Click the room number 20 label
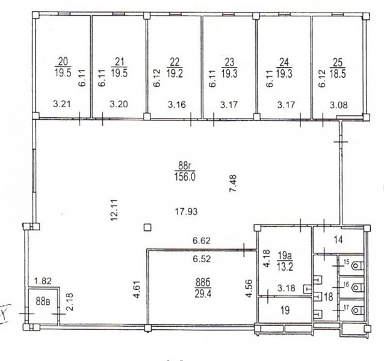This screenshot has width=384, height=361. [x=63, y=61]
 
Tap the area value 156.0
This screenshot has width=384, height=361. [x=185, y=176]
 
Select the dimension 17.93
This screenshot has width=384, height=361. [x=187, y=211]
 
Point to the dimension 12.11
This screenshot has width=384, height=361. [x=114, y=210]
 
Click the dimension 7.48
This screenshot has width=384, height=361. [x=233, y=183]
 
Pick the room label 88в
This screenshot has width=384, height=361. [x=43, y=301]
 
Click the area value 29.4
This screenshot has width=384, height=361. [x=203, y=293]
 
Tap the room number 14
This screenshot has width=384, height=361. [x=338, y=240]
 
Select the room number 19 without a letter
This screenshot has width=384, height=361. [x=285, y=310]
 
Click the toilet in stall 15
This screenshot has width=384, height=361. [x=356, y=265]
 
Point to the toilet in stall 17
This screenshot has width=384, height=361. [x=356, y=311]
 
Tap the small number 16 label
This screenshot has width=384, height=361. [x=346, y=285]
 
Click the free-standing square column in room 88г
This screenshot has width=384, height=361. [x=147, y=227]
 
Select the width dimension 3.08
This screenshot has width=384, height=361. [x=339, y=105]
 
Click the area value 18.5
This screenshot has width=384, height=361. [x=338, y=73]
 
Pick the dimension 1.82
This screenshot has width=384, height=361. [x=43, y=281]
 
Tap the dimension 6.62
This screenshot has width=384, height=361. [x=202, y=241]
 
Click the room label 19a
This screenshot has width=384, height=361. [x=285, y=256]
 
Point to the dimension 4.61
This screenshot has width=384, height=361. [x=137, y=289]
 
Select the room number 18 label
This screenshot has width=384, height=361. [x=329, y=297]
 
